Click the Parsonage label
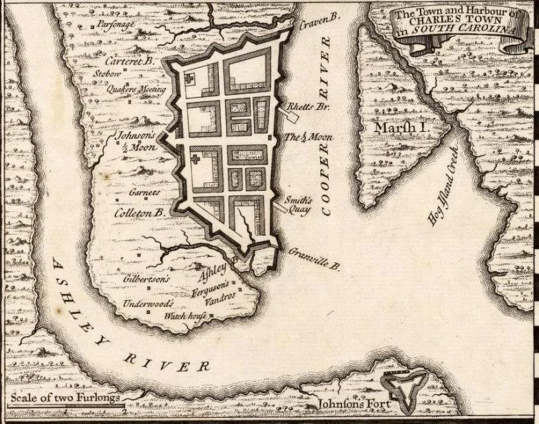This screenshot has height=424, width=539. click(x=116, y=23)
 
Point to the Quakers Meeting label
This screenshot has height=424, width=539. click(x=141, y=89)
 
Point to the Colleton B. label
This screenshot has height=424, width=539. click(x=140, y=213)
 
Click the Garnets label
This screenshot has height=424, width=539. click(x=145, y=192)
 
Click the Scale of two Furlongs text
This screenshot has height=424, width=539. click(x=64, y=398)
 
